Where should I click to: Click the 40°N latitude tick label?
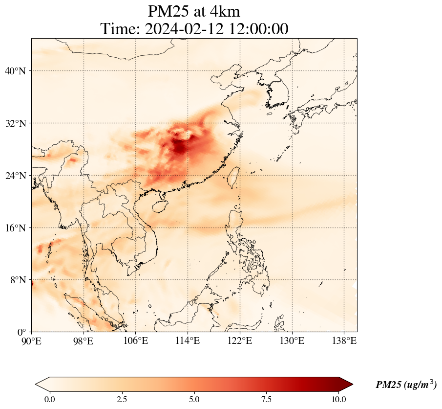18,71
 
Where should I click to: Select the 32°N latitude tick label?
18,123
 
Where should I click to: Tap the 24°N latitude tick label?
18,176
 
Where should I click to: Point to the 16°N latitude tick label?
18,228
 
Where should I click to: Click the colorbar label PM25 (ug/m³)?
406,385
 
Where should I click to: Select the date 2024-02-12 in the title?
184,29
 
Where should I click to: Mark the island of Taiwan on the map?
233,176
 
